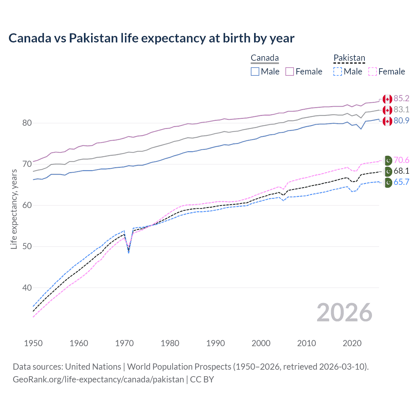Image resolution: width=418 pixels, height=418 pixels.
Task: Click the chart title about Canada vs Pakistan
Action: pos(152,38)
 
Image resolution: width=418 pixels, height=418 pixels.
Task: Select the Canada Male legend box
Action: pos(255,72)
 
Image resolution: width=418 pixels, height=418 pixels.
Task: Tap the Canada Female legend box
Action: pos(290,72)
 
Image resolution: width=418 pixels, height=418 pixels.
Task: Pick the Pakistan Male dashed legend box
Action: pos(338,72)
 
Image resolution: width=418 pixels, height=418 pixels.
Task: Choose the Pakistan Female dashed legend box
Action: pos(373,72)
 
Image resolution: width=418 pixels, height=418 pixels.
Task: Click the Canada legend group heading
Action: pos(265,58)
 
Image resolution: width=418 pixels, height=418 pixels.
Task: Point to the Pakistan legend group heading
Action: pos(349,58)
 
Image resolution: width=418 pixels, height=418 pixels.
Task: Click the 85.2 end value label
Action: pos(401,99)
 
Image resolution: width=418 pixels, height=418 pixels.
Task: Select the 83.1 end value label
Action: pos(401,110)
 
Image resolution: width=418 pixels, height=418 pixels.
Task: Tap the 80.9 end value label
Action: pos(401,121)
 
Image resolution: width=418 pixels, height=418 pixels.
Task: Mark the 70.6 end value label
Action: pos(401,160)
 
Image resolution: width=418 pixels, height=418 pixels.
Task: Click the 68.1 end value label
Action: pos(401,171)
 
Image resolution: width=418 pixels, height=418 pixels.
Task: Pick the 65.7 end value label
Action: pos(401,182)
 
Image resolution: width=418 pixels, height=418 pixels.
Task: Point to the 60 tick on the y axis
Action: pos(27,205)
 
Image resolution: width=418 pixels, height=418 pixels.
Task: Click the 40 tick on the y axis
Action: pos(27,288)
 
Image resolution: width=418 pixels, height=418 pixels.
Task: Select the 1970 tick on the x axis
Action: pos(124,343)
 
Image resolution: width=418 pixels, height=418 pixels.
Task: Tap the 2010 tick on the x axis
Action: pos(306,343)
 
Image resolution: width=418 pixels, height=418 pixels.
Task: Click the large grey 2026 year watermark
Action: pos(345,313)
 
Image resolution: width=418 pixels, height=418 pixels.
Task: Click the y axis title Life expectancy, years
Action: pos(14,209)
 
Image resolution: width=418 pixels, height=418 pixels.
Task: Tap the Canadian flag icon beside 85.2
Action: pos(387,99)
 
